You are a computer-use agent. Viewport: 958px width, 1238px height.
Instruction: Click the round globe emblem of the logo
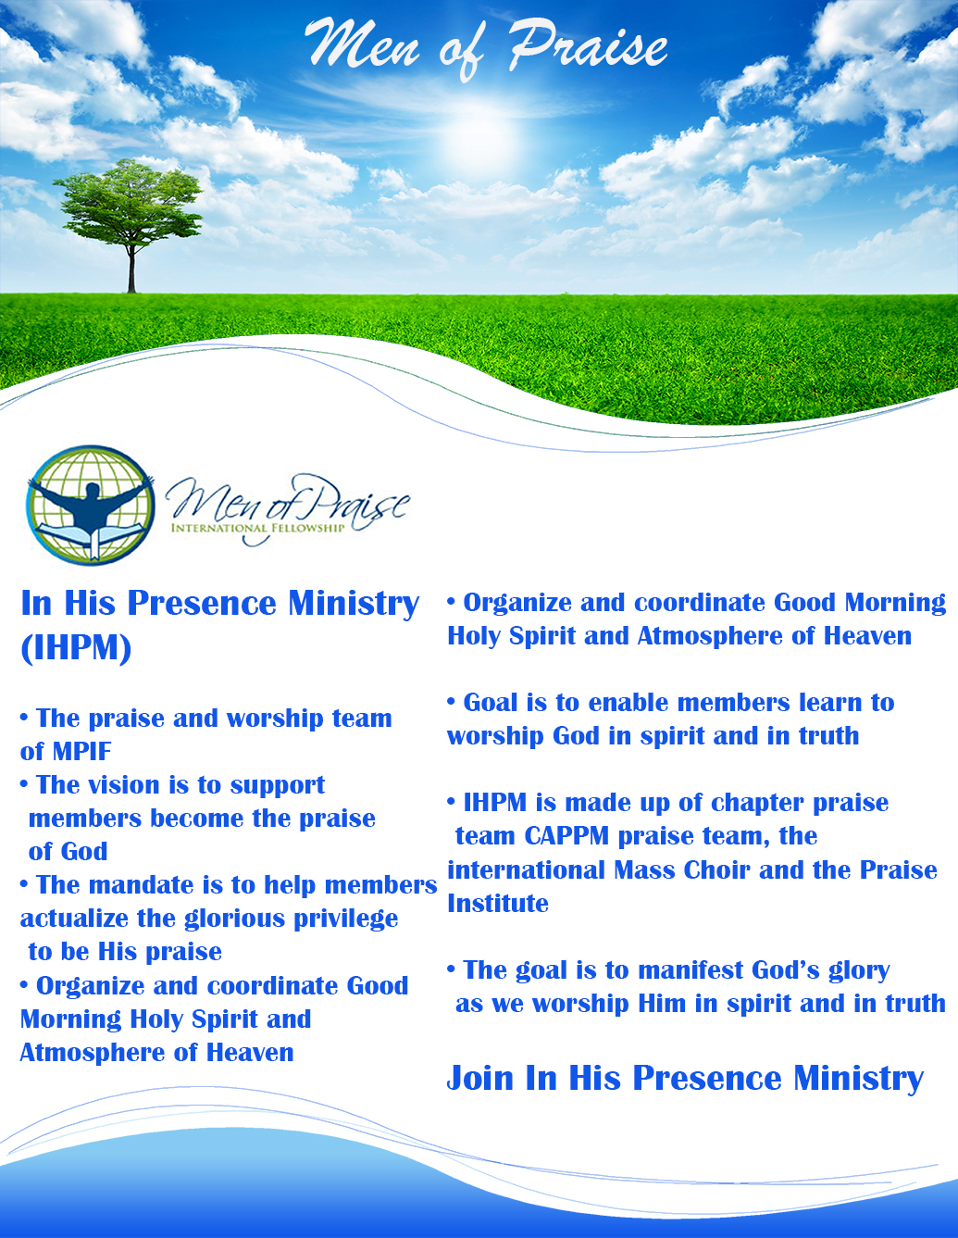pos(91,506)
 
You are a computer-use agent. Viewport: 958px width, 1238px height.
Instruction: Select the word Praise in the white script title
pos(588,46)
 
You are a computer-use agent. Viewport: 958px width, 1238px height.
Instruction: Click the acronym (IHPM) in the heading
pos(76,647)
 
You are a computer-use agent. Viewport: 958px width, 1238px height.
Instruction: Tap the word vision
pos(124,785)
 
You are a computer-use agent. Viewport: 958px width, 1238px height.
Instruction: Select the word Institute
pos(498,904)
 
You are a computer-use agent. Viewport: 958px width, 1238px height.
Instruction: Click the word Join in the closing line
pos(480,1079)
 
